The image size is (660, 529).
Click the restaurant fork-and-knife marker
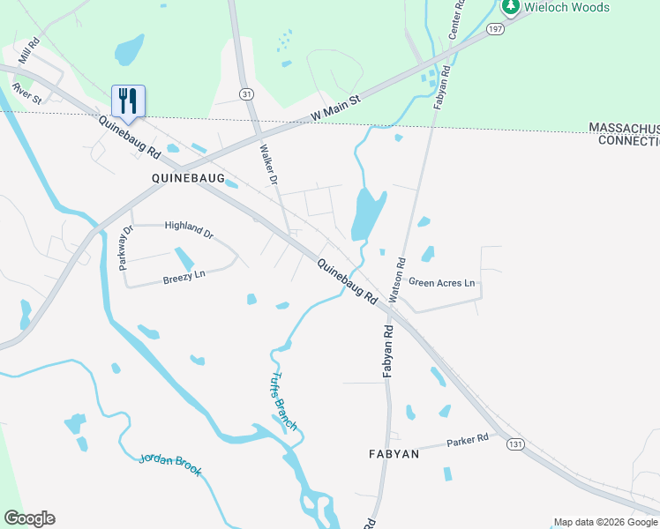[129, 101]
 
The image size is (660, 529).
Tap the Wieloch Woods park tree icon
[510, 7]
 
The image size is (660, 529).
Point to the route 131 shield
[515, 443]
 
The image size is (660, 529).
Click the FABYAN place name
[393, 454]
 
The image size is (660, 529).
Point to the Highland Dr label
[189, 230]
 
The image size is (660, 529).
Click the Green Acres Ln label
[442, 283]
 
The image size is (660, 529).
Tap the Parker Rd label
[467, 440]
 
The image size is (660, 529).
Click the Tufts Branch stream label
[283, 401]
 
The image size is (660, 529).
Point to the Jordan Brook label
[170, 465]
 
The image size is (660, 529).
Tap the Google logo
[29, 518]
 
